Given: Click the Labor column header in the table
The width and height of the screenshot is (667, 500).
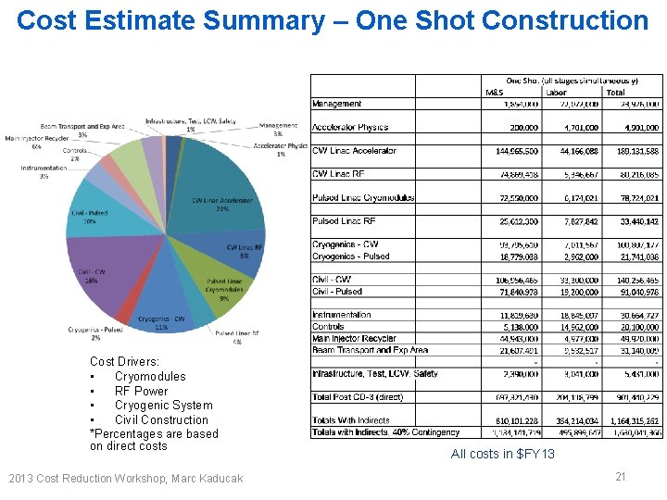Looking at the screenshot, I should click(556, 93).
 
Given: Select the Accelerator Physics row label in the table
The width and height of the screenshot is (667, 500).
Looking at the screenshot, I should click(350, 128).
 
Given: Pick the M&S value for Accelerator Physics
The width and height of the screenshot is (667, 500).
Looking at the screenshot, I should click(523, 128).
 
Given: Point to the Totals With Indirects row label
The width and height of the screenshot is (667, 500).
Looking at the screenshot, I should click(351, 420).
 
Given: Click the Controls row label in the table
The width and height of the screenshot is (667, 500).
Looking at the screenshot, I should click(328, 327).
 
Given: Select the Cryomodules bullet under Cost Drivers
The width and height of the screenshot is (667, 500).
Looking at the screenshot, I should click(149, 377).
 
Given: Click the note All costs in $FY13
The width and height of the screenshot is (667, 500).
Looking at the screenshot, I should click(502, 454).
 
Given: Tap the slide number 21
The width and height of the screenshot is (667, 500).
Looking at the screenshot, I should click(620, 476).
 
